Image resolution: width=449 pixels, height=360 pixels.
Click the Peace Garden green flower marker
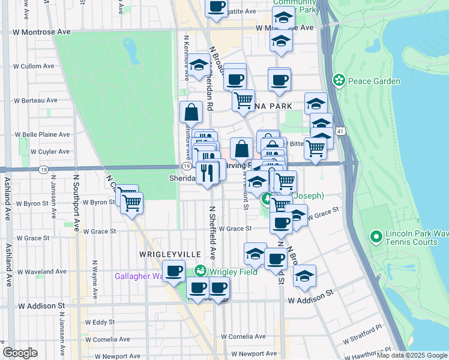[x=339, y=80]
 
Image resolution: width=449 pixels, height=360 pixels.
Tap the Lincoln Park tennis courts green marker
[x=376, y=238]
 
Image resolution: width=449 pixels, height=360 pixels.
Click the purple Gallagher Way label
[x=139, y=276]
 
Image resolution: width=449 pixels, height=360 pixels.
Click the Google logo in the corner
[x=20, y=353]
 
